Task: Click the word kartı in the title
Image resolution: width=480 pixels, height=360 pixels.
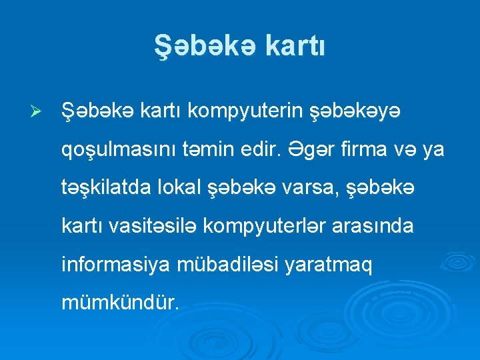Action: pos(295,47)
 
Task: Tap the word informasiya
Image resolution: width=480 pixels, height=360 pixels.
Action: pos(117,266)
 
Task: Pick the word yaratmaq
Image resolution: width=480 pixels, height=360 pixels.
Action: pos(329,266)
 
